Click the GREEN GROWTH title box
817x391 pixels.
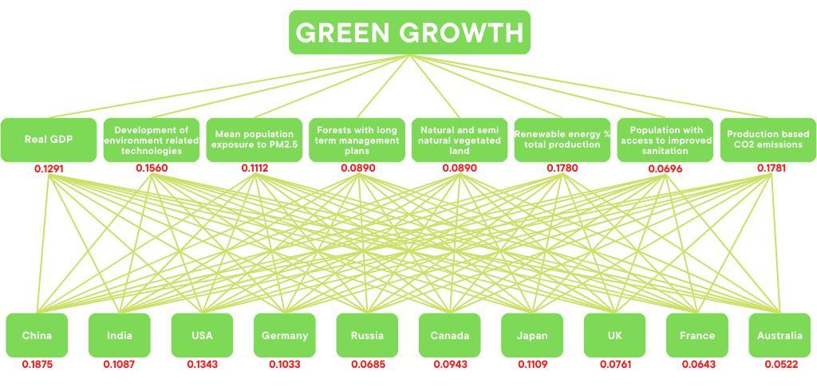[409, 33]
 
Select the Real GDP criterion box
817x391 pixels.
[49, 140]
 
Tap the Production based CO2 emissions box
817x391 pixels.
[768, 140]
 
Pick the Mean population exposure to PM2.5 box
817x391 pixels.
[255, 140]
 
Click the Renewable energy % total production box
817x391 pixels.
[562, 140]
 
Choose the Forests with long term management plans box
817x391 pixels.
[357, 140]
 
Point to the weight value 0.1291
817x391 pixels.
[49, 168]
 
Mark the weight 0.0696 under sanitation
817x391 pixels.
[665, 168]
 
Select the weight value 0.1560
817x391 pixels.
[152, 168]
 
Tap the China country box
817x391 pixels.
[37, 335]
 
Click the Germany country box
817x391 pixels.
[284, 335]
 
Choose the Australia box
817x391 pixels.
[780, 335]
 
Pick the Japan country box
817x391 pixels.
[532, 335]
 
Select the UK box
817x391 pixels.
[614, 335]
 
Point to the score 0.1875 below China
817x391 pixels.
[37, 365]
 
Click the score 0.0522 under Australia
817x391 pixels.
[780, 365]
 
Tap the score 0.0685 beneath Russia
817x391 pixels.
[368, 365]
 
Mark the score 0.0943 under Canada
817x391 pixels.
[450, 365]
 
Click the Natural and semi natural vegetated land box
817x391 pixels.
[460, 140]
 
